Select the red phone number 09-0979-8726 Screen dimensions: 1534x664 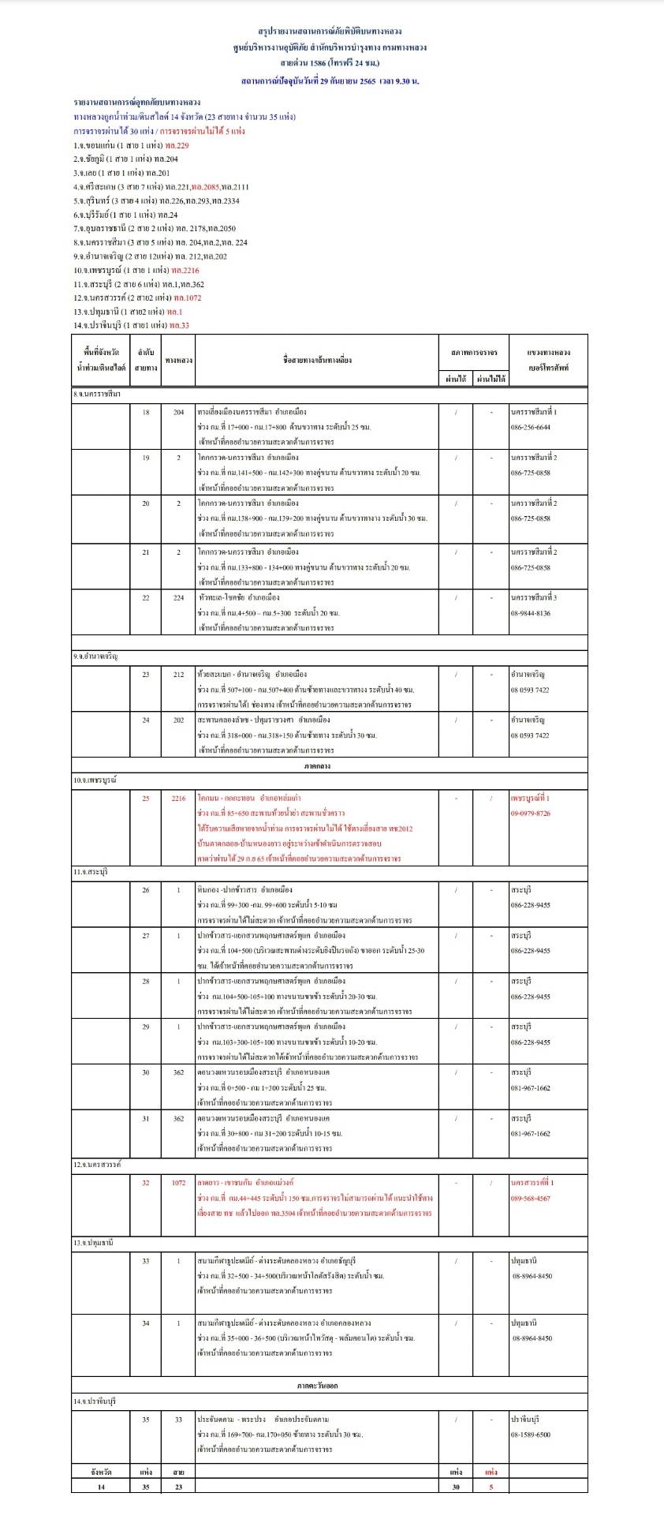coord(531,813)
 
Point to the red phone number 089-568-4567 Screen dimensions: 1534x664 coord(531,1198)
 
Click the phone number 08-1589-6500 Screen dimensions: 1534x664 coord(531,1434)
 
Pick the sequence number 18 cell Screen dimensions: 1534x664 coord(146,412)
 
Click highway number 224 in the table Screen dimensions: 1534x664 coord(178,597)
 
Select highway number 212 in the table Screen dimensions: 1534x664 coord(178,675)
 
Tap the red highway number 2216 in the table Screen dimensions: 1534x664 coord(178,798)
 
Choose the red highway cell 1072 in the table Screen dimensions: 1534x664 coord(178,1182)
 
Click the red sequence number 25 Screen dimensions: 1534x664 coord(146,798)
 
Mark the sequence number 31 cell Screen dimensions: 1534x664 coord(146,1117)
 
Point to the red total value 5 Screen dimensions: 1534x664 coord(491,1486)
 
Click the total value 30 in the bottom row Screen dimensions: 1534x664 coord(455,1486)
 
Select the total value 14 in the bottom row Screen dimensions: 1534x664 coord(100,1486)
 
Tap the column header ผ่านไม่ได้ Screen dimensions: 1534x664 coord(491,379)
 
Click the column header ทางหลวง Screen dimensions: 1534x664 coord(178,360)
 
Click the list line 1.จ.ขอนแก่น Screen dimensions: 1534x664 coord(131,145)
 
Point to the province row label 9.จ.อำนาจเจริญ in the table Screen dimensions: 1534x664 coord(95,657)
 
